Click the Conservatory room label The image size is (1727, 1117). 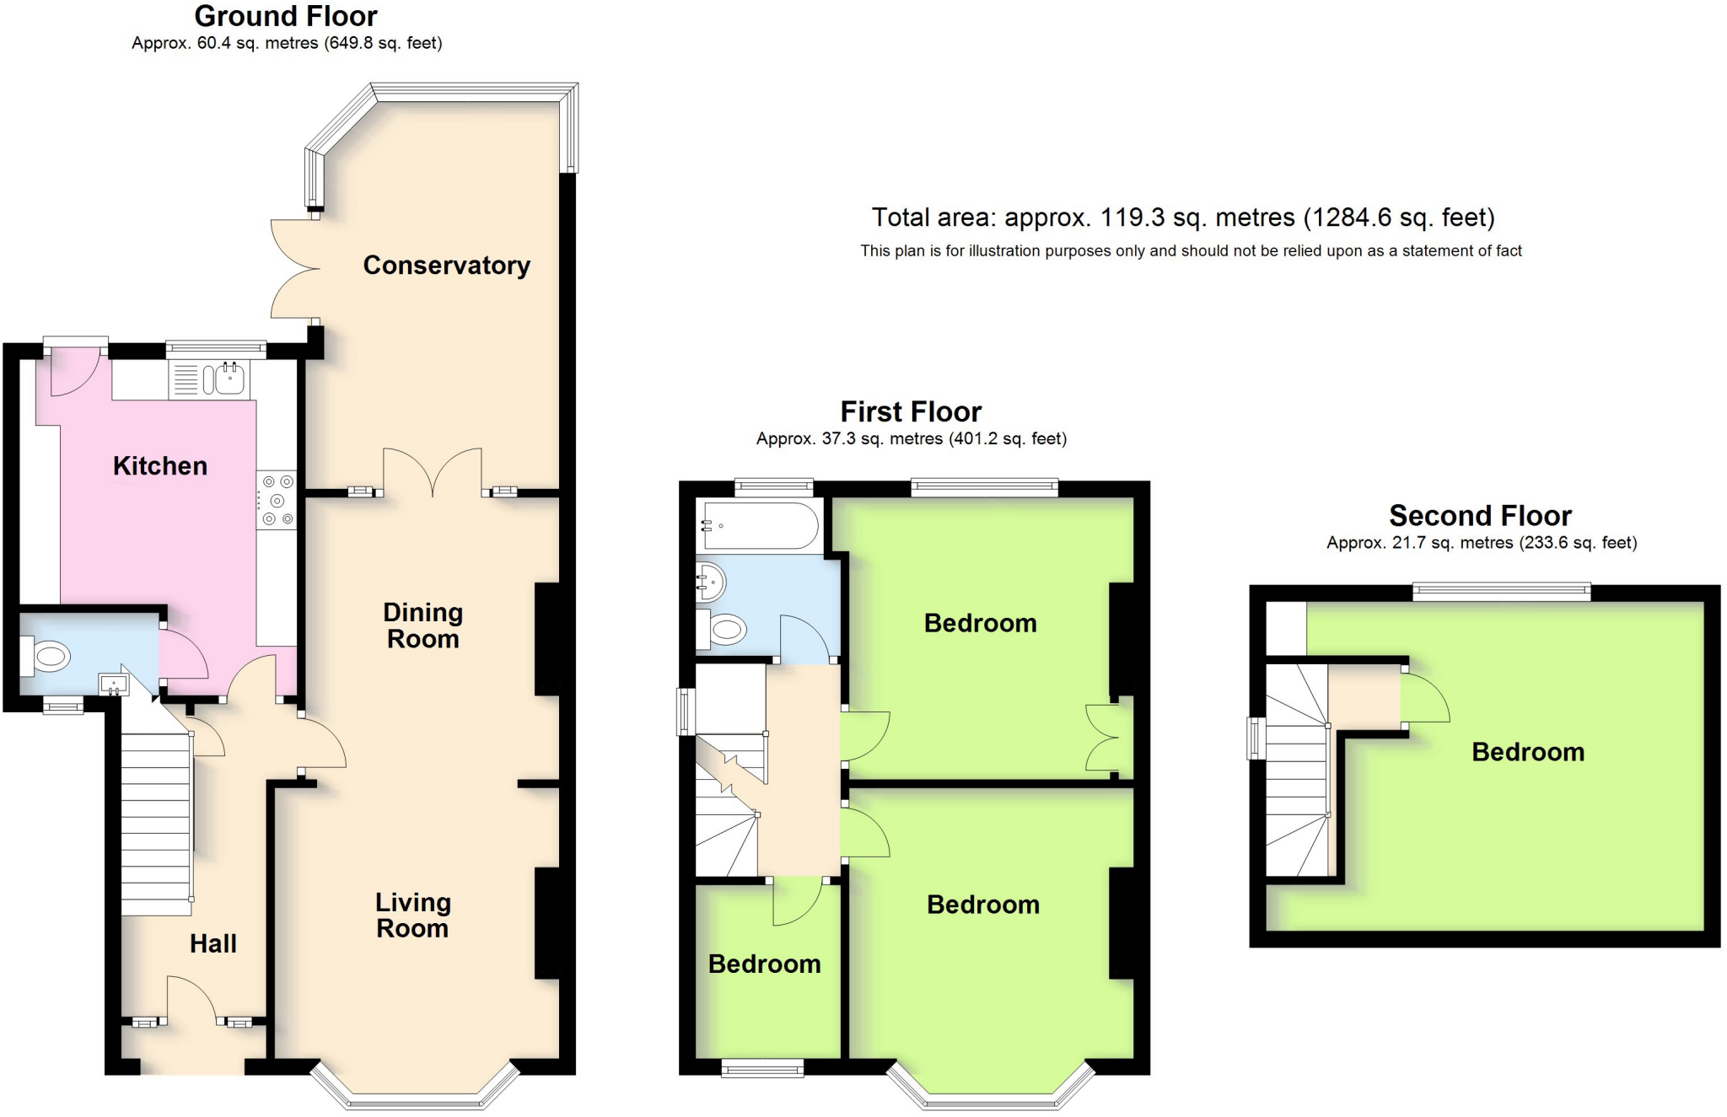(447, 266)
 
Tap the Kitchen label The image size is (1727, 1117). (160, 466)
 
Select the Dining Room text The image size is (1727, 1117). (423, 626)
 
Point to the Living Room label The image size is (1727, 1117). (413, 916)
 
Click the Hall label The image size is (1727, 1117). (213, 944)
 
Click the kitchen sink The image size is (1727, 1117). (208, 379)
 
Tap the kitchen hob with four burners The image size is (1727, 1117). (277, 501)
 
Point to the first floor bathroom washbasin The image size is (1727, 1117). (709, 581)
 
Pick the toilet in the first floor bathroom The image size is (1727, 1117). (722, 629)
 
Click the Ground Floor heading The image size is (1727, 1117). (286, 16)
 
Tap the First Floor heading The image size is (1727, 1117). (912, 411)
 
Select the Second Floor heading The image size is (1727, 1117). (1481, 515)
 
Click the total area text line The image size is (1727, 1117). (1183, 217)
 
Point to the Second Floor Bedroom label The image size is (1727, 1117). (1528, 752)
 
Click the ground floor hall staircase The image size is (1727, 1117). (156, 824)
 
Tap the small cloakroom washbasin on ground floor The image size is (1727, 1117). (113, 684)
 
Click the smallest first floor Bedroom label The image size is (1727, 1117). (765, 964)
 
